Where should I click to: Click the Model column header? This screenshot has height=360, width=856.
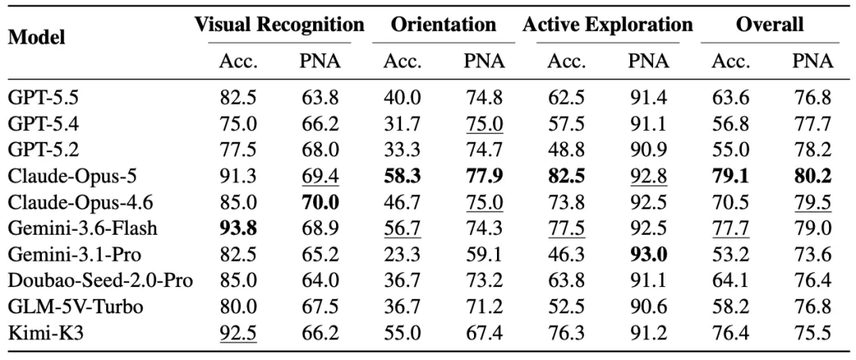coord(37,37)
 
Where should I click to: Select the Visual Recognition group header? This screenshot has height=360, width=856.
coord(280,25)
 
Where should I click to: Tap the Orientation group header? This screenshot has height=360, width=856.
coord(443,25)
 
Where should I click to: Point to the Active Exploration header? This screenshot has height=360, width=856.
coord(608,25)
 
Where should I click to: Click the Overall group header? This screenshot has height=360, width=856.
coord(770,25)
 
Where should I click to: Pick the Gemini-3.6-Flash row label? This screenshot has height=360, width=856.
coord(82,228)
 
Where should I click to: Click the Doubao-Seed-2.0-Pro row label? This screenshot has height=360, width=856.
coord(101,281)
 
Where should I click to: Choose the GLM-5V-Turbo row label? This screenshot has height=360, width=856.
coord(76,307)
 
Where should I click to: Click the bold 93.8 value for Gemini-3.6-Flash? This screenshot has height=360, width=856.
coord(239,228)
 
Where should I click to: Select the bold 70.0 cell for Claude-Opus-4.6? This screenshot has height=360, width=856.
coord(320,202)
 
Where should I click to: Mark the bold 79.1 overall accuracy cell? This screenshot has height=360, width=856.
coord(731,176)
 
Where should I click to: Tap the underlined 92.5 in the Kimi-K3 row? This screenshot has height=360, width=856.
coord(239,333)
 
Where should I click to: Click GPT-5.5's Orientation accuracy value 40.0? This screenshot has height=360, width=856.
coord(403,98)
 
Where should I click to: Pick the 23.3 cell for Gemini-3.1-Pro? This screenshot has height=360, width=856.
coord(403,255)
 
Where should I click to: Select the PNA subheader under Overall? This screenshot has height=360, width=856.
coord(813,62)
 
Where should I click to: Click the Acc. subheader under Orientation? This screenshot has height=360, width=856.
coord(403,62)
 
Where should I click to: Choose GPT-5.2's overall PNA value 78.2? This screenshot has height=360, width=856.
coord(813,150)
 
